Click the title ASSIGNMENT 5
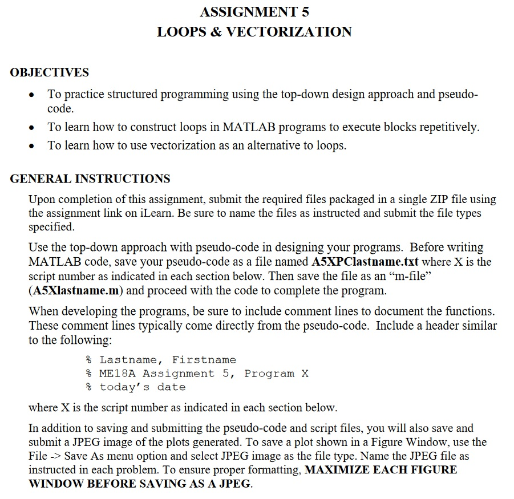(x=254, y=11)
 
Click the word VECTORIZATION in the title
(x=289, y=32)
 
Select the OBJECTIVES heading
(x=50, y=72)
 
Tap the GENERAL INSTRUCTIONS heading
(x=90, y=178)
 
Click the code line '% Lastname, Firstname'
(x=160, y=360)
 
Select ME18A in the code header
(x=121, y=374)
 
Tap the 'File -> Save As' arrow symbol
(x=54, y=456)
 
